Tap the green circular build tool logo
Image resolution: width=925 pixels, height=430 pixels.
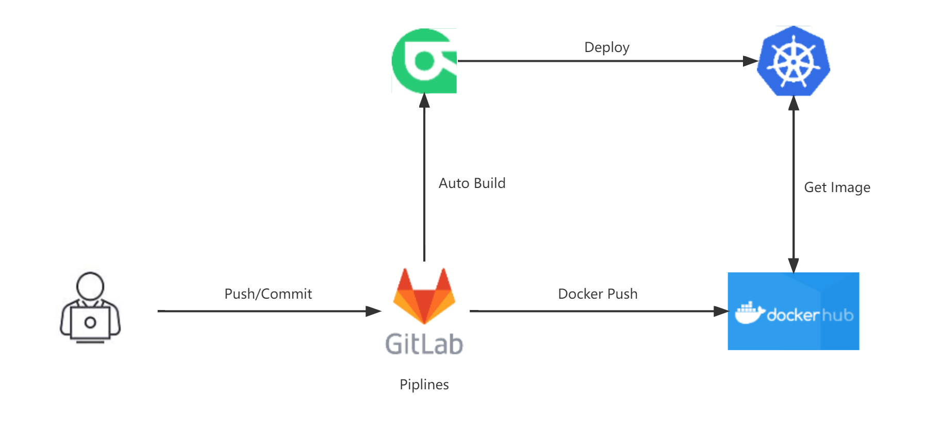[424, 61]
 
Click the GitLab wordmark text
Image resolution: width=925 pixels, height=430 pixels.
[424, 343]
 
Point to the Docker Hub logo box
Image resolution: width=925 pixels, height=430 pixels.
[793, 311]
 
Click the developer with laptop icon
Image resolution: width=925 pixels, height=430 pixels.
[91, 311]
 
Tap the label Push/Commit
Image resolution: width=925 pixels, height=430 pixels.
[268, 294]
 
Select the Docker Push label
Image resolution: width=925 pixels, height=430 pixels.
[598, 294]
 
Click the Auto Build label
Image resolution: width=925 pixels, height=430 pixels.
[472, 183]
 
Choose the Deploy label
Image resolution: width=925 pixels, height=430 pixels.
[607, 47]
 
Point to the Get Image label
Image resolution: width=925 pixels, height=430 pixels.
[837, 187]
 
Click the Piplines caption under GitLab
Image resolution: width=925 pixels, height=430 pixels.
[424, 384]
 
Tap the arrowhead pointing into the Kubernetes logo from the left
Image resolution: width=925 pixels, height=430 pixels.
[750, 61]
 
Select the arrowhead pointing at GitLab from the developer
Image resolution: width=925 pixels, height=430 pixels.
[373, 311]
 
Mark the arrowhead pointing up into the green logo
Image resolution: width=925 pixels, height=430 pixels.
[424, 100]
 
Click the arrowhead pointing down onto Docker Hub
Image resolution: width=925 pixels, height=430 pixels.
[794, 265]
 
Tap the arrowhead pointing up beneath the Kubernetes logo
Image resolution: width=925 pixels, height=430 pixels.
[794, 104]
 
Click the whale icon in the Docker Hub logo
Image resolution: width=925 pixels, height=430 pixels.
[749, 314]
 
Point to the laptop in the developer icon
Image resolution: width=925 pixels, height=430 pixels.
[90, 323]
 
